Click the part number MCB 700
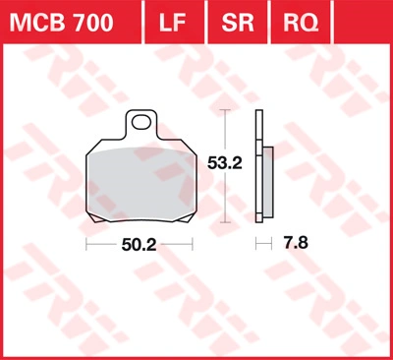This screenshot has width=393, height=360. (x=61, y=23)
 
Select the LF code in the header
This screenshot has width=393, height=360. (x=173, y=23)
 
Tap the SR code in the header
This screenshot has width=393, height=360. (x=238, y=23)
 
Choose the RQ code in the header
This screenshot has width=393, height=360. (x=301, y=23)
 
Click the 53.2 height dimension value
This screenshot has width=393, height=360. (x=225, y=163)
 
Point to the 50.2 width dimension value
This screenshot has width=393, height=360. (x=139, y=245)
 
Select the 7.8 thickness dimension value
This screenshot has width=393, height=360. (x=296, y=243)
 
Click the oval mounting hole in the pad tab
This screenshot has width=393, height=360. (x=140, y=122)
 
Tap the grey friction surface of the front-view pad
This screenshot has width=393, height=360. (x=141, y=184)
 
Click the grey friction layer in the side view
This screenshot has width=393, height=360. (x=268, y=182)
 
